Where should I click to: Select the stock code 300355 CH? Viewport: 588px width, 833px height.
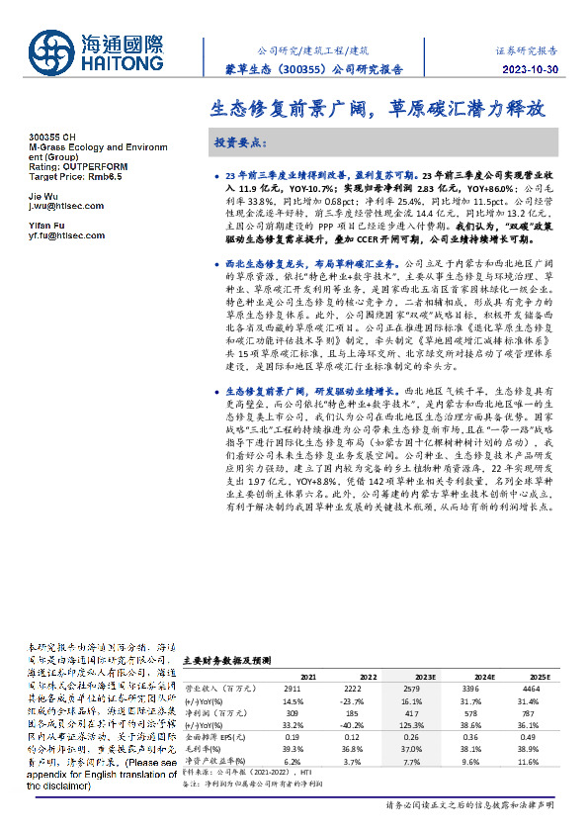(x=49, y=136)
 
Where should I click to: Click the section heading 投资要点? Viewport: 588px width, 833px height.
(x=240, y=142)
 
